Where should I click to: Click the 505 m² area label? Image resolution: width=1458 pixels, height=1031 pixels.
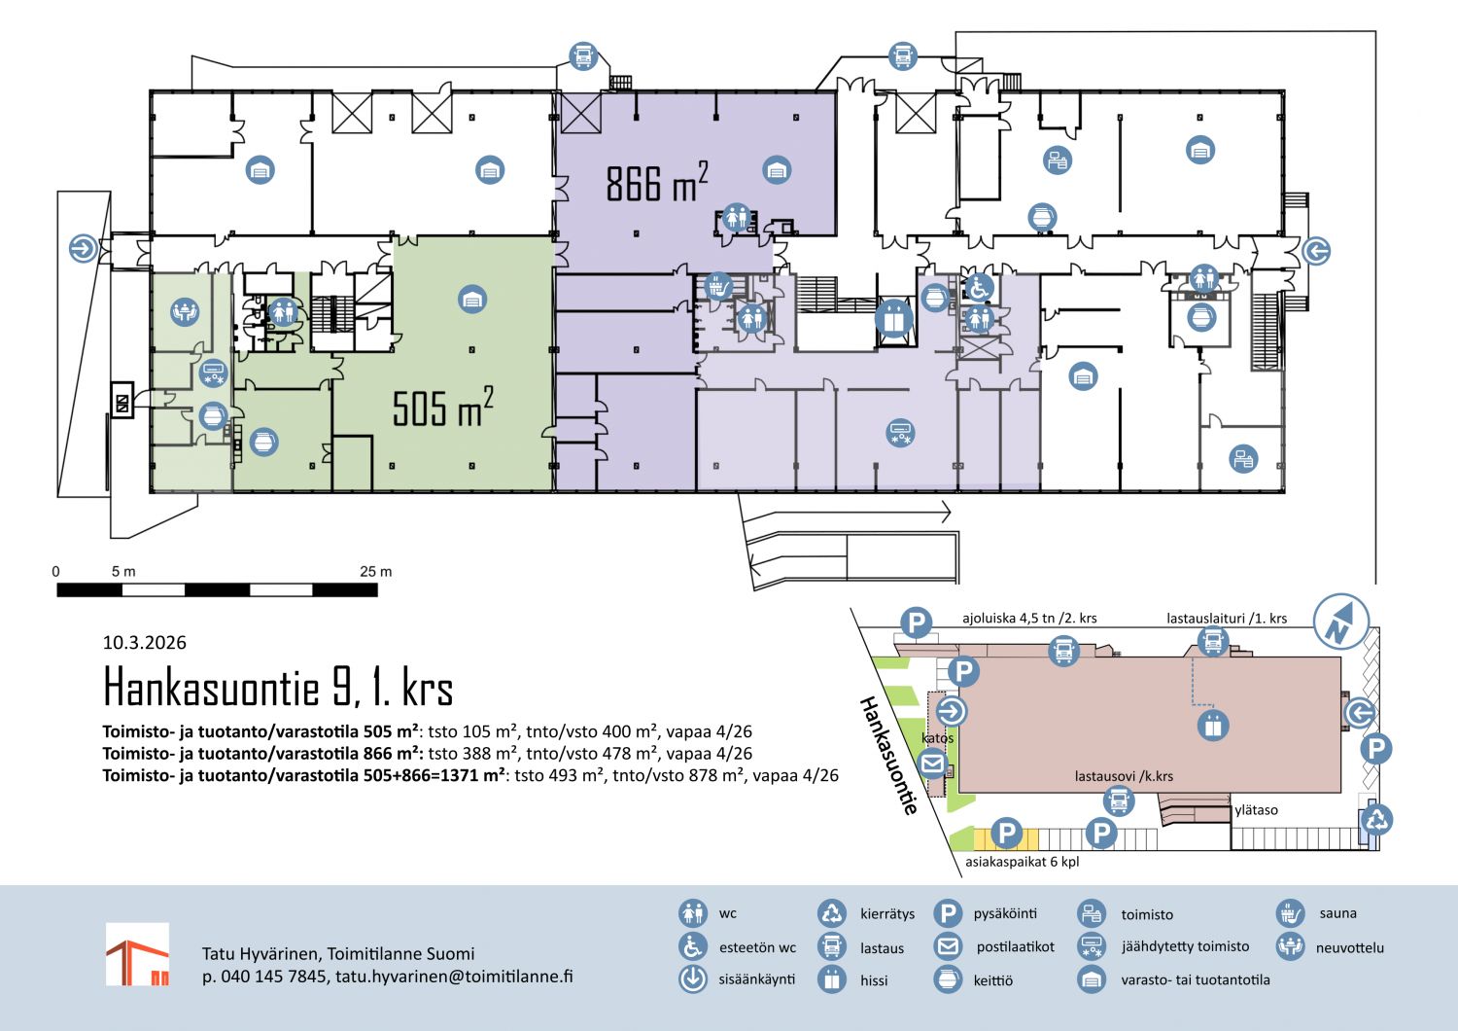coord(442,408)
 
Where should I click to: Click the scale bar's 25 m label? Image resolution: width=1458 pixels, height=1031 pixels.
coord(375,571)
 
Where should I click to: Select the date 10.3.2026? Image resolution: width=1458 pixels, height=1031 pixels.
coord(144,642)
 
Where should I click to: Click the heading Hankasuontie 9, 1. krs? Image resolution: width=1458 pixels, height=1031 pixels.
coord(278,687)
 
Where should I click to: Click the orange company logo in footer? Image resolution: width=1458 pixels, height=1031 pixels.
coord(137,954)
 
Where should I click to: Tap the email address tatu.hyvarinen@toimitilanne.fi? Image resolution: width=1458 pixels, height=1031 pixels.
coord(454,976)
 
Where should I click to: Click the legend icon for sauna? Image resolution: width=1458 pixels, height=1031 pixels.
coord(1290,912)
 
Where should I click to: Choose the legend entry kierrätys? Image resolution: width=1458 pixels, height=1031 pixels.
coord(886,913)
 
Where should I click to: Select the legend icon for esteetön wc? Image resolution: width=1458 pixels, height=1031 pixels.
coord(692,946)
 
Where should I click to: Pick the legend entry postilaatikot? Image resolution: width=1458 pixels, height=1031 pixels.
coord(1015,946)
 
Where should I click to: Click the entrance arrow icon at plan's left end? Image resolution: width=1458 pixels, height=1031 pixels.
coord(84,248)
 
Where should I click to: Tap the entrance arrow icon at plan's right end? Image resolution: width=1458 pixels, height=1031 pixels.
coord(1316,251)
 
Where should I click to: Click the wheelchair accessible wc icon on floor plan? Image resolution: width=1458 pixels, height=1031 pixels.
coord(979,288)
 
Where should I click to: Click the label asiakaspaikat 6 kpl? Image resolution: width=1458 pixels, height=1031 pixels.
coord(1022,861)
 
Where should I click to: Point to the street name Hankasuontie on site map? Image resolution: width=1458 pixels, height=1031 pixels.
coord(887,755)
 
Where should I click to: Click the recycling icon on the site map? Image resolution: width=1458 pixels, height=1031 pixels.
coord(1376,819)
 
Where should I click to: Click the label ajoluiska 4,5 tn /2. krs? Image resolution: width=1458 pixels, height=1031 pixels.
coord(1029,618)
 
